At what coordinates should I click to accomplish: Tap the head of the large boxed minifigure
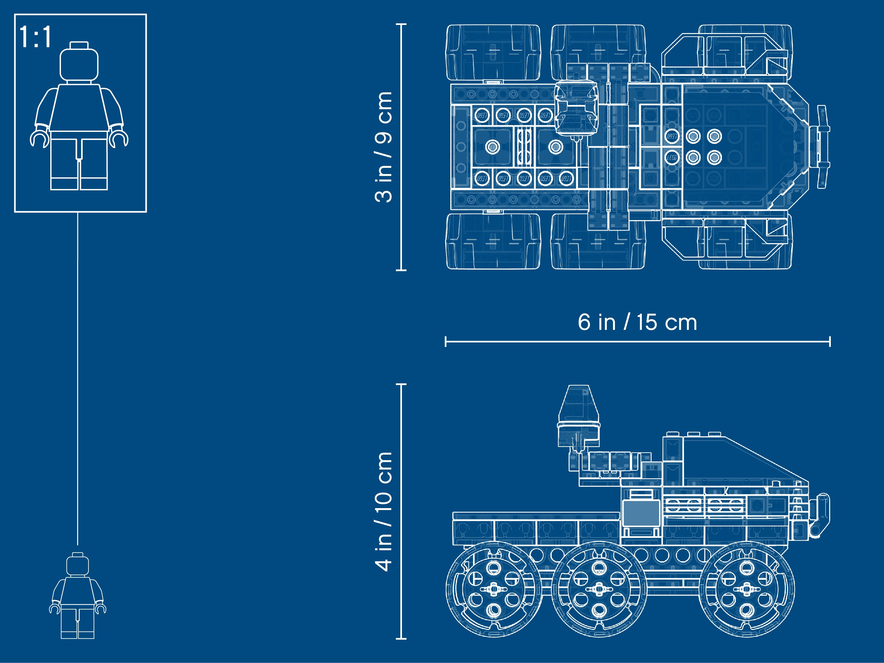(79, 62)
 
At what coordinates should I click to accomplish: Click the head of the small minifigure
(77, 564)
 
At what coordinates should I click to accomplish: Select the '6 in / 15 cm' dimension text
(637, 322)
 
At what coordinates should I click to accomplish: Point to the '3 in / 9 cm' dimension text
(384, 147)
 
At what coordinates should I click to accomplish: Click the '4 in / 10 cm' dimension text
(384, 512)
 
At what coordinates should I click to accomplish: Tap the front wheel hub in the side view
(747, 589)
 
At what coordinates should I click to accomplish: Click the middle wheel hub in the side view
(599, 589)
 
